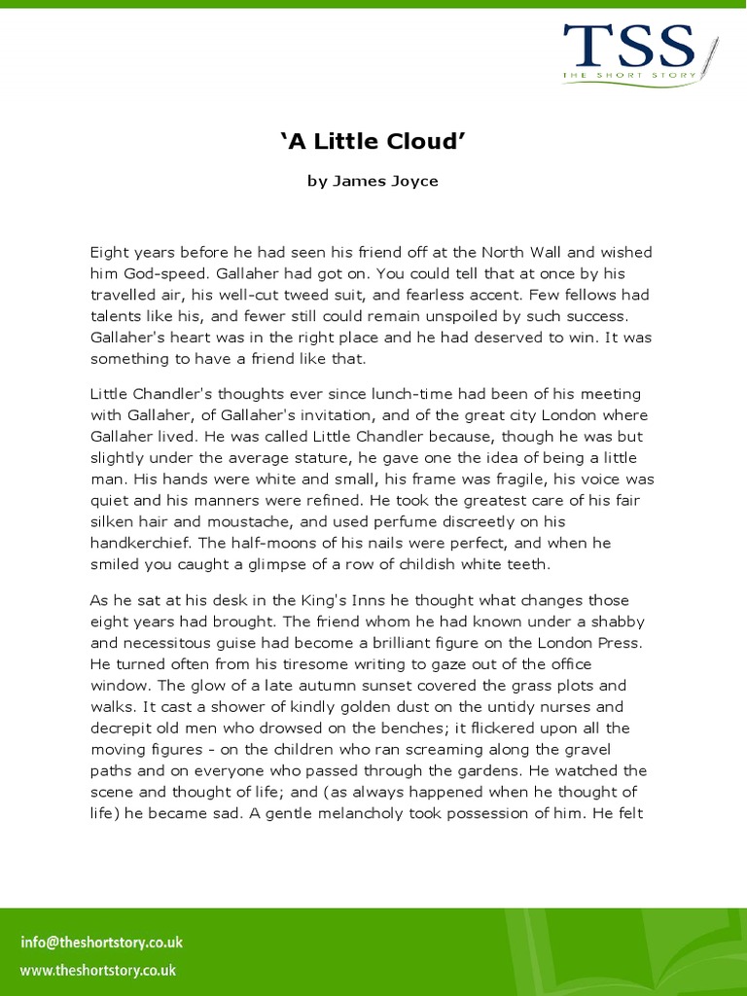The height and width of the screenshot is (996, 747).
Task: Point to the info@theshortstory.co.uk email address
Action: pos(101,943)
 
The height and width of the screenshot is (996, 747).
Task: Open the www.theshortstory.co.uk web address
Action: pos(97,970)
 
